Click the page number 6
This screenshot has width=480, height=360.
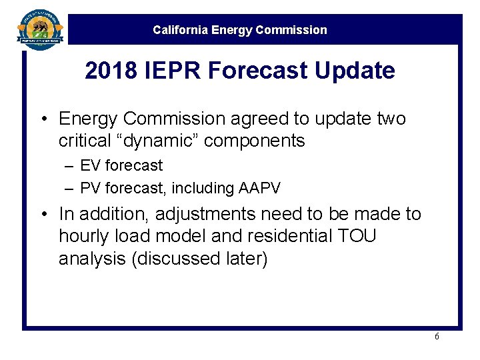437,337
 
